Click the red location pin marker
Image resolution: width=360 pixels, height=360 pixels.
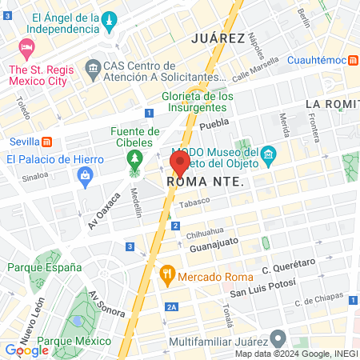pyautogui.click(x=179, y=163)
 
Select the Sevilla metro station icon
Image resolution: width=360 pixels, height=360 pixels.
pyautogui.click(x=47, y=142)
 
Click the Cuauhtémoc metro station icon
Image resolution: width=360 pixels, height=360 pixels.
pyautogui.click(x=353, y=60)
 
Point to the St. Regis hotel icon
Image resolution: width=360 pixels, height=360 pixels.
pyautogui.click(x=26, y=47)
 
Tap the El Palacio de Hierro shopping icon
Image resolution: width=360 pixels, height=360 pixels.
pyautogui.click(x=85, y=181)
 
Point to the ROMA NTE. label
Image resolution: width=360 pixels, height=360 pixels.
pyautogui.click(x=204, y=182)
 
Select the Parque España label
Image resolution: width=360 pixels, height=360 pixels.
pyautogui.click(x=37, y=267)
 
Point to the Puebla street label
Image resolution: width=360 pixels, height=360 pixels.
pyautogui.click(x=214, y=124)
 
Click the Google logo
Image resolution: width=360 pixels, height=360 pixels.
pyautogui.click(x=26, y=350)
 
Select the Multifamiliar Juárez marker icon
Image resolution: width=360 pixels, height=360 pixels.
pyautogui.click(x=278, y=338)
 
